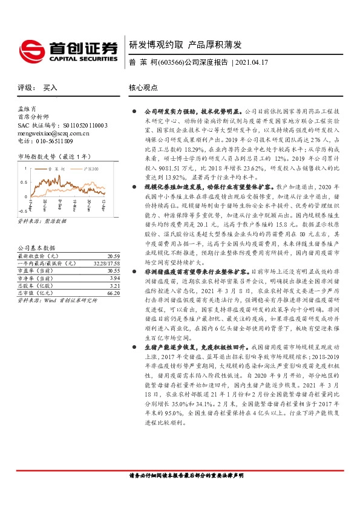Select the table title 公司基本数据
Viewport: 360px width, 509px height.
tap(36, 231)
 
